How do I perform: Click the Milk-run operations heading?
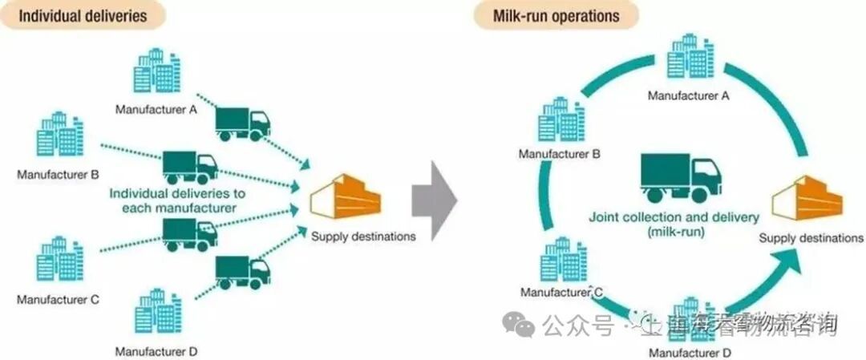[556, 15]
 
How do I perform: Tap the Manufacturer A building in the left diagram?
[156, 74]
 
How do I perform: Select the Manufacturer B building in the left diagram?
[60, 136]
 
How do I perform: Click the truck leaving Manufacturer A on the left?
[243, 121]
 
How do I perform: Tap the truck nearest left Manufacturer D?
[243, 270]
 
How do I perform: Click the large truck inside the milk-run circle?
[680, 176]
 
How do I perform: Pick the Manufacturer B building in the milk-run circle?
[560, 119]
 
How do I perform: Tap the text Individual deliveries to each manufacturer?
[177, 200]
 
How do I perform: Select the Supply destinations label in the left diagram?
[363, 236]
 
